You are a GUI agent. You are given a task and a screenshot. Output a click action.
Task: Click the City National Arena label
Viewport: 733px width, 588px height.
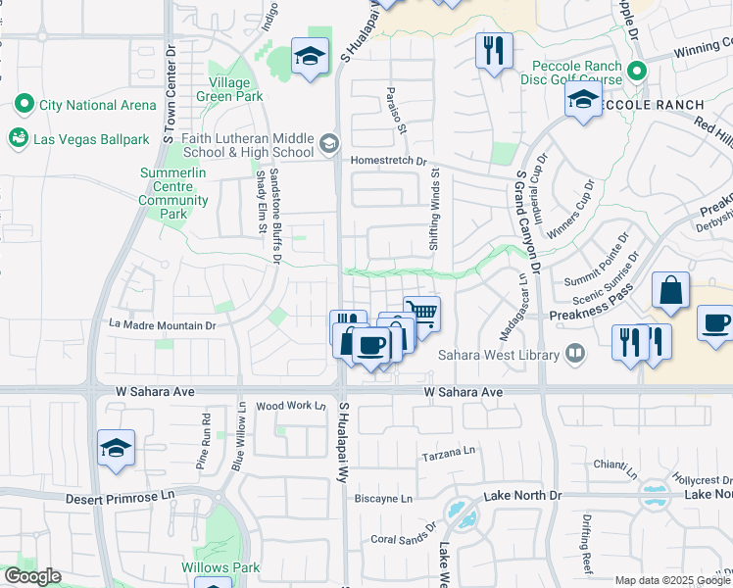point(96,105)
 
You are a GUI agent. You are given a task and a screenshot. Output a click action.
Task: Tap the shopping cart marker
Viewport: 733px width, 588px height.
point(420,314)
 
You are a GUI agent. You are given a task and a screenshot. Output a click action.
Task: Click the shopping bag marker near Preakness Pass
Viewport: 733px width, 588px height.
point(671,291)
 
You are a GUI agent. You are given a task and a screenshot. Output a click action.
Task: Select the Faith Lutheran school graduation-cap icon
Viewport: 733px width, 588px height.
point(329,144)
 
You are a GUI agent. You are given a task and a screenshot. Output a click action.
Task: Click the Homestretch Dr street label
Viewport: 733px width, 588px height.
point(390,160)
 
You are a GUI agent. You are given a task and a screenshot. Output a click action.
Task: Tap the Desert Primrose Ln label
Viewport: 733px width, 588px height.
point(119,497)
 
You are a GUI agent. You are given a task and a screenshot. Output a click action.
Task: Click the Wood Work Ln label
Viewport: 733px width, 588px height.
point(290,406)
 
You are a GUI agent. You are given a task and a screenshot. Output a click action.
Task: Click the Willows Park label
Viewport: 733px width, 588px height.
point(220,567)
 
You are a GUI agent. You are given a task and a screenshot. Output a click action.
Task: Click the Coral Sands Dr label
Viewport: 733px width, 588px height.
point(403,538)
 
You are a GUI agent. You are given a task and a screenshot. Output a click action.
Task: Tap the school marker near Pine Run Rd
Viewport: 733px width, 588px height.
point(116,449)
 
